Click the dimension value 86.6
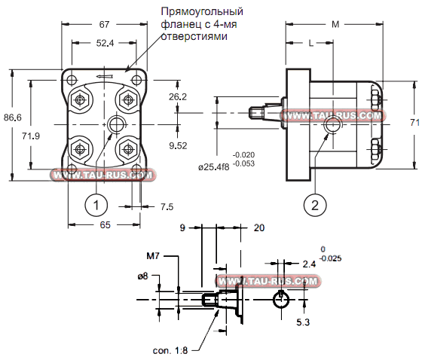tap(12, 117)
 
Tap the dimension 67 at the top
tap(105, 25)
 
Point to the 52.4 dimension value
tap(105, 44)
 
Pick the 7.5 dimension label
tap(167, 206)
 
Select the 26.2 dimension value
tap(178, 97)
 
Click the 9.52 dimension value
tap(179, 145)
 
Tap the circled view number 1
tap(94, 203)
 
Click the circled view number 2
tap(315, 203)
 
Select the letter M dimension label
tap(335, 25)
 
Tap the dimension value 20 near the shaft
tap(259, 227)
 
